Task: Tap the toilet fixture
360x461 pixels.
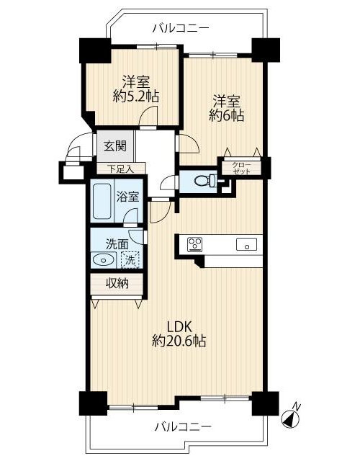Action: [x=206, y=180]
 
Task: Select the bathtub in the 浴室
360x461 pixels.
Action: [x=102, y=202]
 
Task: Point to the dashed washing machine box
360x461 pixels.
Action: [x=130, y=260]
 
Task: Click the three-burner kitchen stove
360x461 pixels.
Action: [x=195, y=244]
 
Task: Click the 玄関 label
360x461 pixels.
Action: [x=116, y=146]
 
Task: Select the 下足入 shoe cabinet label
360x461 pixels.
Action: [x=121, y=169]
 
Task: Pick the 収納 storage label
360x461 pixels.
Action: [x=117, y=283]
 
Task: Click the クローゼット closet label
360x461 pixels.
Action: [x=242, y=168]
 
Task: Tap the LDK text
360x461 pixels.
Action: [x=179, y=326]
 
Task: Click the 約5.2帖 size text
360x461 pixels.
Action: [x=135, y=96]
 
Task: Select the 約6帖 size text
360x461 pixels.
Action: [x=227, y=115]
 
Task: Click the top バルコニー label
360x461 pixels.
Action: [x=181, y=29]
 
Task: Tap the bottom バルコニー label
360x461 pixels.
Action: [x=183, y=426]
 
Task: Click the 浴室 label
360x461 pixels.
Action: [x=128, y=197]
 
